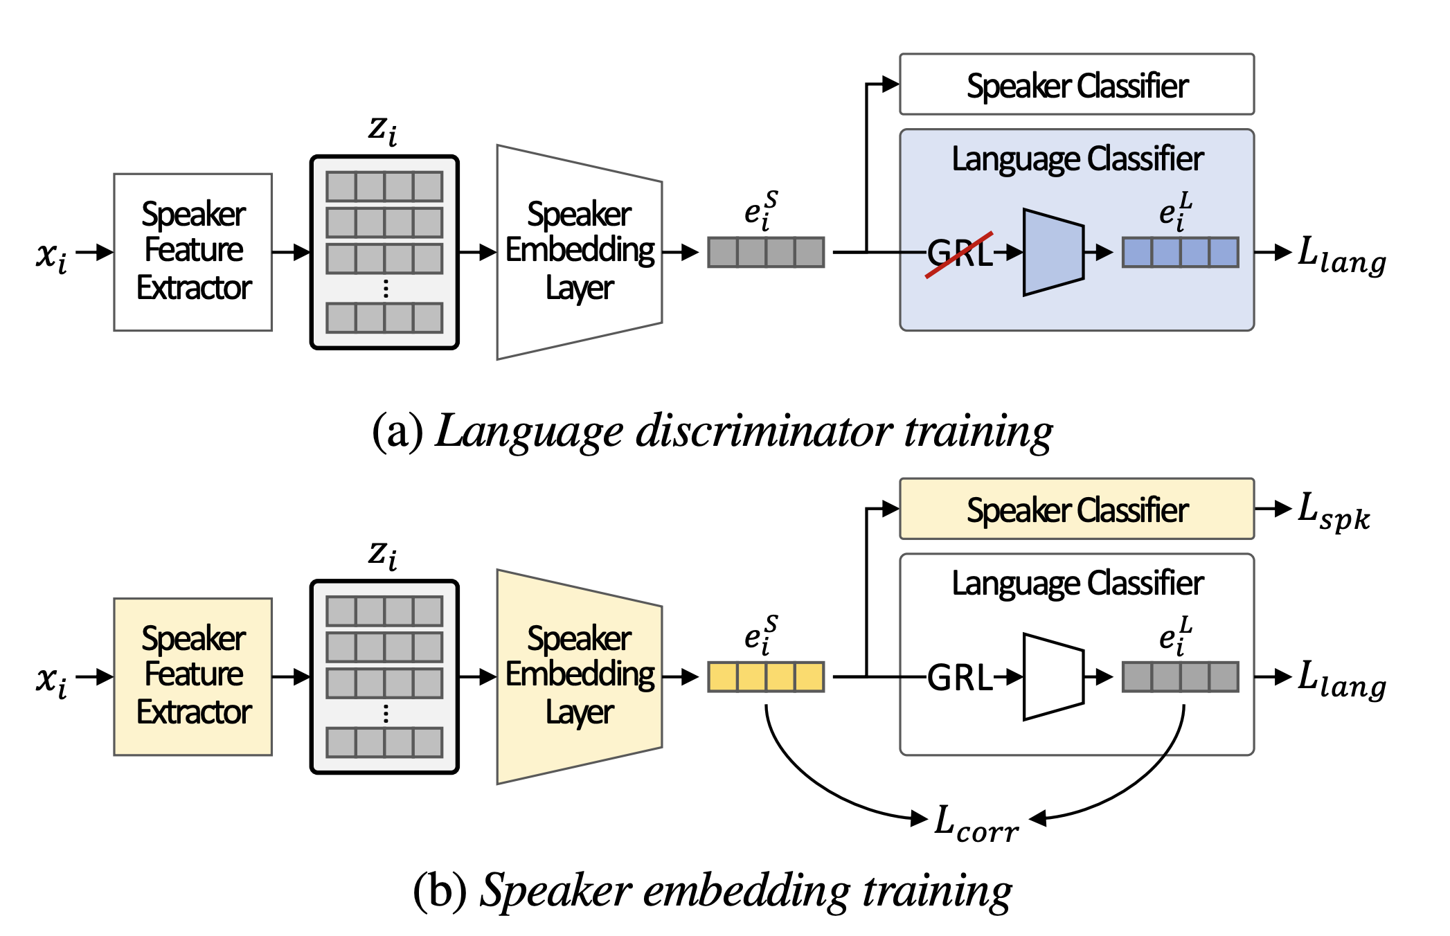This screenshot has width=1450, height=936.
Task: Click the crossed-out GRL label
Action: pos(960,253)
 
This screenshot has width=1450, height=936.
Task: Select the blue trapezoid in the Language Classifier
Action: pos(1053,252)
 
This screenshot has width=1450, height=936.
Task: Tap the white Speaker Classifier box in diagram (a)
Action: pos(1077,84)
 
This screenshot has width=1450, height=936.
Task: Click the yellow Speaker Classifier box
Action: pos(1077,509)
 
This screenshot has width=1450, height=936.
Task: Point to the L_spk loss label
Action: pos(1333,512)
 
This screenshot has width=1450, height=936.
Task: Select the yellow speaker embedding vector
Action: pos(766,676)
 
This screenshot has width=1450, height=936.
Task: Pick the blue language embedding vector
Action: pos(1180,252)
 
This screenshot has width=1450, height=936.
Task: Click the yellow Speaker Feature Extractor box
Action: pos(193,676)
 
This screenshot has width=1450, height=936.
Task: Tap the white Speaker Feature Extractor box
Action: pos(193,252)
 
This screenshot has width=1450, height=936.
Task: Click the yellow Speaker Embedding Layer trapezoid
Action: pos(580,676)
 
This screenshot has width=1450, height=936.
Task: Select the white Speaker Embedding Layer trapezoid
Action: pos(580,252)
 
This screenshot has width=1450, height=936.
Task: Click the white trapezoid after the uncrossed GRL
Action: pos(1053,676)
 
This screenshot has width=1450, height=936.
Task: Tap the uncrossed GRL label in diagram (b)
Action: pos(960,678)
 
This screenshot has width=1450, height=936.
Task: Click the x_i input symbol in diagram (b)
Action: pos(52,679)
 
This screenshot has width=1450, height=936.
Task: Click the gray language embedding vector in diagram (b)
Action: pos(1180,676)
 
